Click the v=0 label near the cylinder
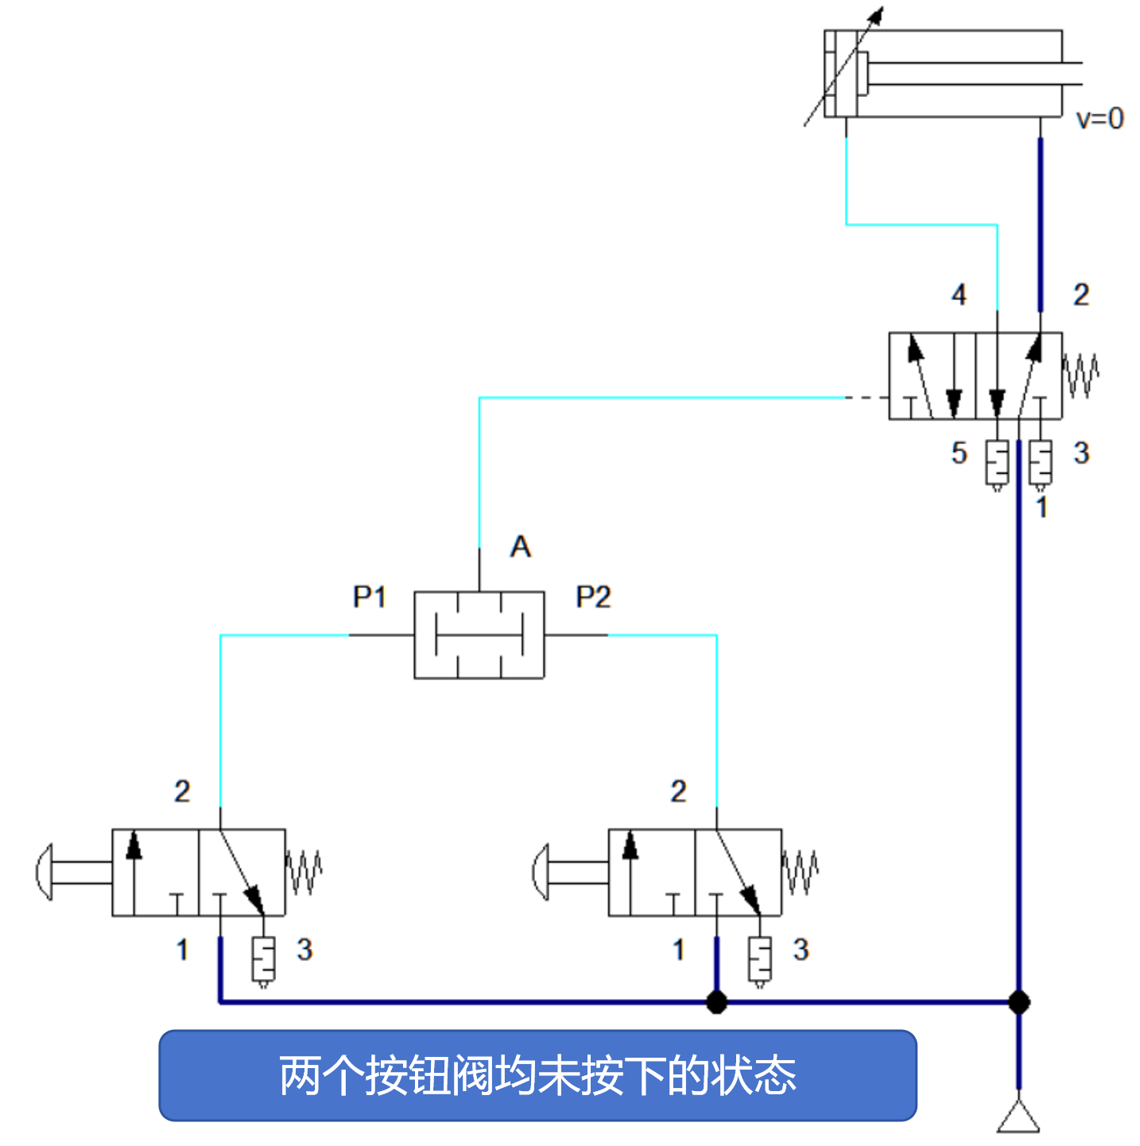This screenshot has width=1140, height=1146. click(x=1099, y=119)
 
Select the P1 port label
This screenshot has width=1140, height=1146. click(x=369, y=596)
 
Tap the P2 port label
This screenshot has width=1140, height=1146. click(x=593, y=596)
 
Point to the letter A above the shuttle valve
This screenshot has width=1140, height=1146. click(x=520, y=547)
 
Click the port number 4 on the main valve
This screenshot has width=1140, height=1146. click(x=959, y=295)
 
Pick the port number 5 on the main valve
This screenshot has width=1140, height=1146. click(x=959, y=453)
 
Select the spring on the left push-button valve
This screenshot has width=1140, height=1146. click(x=304, y=872)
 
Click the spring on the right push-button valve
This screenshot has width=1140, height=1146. click(x=801, y=872)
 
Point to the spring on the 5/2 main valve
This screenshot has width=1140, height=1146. click(x=1081, y=375)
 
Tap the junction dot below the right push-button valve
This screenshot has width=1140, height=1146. click(x=716, y=1002)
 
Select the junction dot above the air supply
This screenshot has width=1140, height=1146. click(x=1018, y=1002)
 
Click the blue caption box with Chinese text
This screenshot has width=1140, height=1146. click(x=537, y=1075)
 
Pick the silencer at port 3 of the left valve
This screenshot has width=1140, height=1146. click(x=263, y=960)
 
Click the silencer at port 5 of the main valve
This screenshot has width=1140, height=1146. click(x=997, y=464)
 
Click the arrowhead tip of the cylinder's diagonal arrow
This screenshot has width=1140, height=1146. click(x=881, y=10)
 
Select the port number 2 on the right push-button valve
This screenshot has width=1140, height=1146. click(x=678, y=791)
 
